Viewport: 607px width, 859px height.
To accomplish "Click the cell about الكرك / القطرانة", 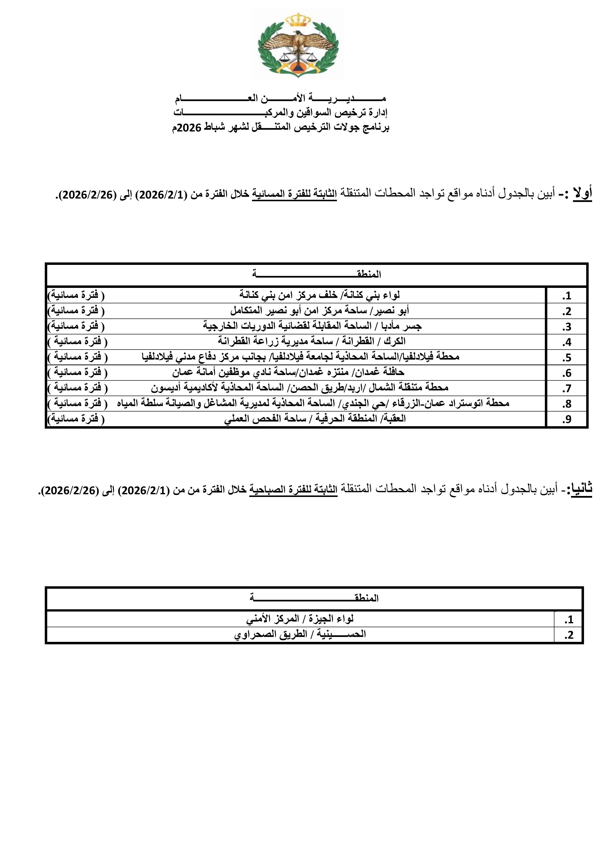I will click(x=312, y=341).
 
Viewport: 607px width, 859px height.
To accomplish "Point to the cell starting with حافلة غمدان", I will click(x=288, y=373).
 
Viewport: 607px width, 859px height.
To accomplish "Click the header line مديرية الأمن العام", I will click(x=280, y=99).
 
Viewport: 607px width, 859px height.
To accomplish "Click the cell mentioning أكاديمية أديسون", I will click(x=299, y=388).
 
